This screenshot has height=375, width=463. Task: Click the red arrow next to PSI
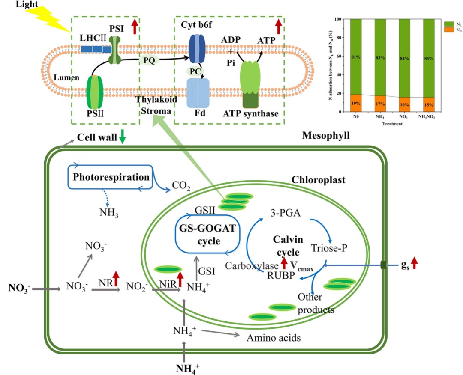point(134,27)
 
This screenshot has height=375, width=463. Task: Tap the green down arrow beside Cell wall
point(123,137)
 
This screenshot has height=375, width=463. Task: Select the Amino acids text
point(273,338)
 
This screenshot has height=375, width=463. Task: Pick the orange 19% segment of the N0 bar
point(355,103)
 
